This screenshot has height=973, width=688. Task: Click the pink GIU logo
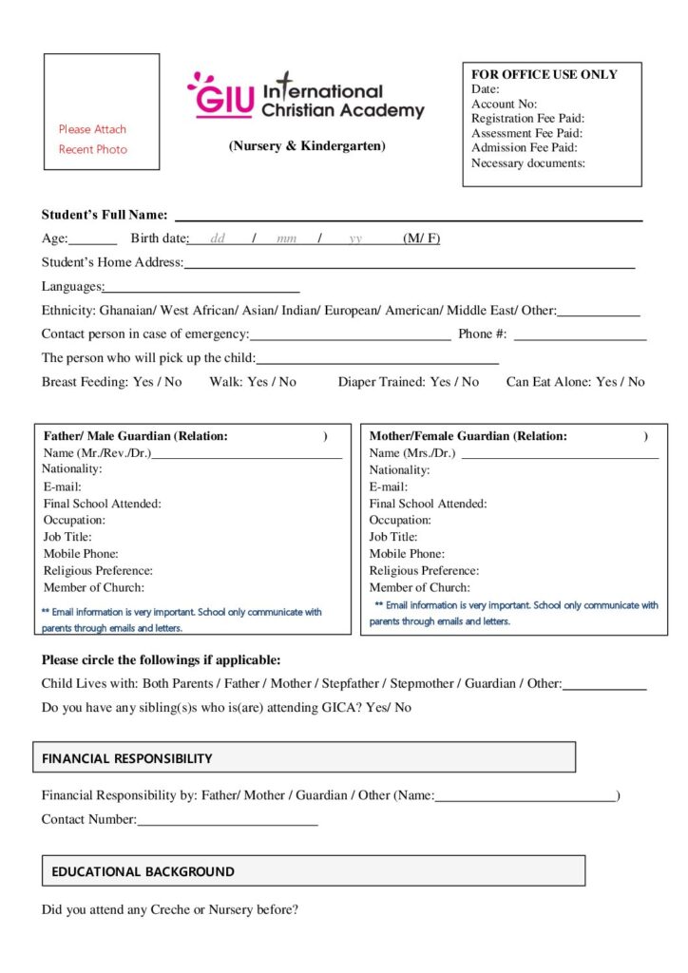click(221, 96)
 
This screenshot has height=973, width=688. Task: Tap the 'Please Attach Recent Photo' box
click(102, 112)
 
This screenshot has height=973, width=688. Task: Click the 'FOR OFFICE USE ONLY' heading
click(545, 74)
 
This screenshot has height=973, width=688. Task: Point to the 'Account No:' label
click(504, 104)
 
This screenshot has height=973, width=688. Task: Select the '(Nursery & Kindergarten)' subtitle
click(307, 146)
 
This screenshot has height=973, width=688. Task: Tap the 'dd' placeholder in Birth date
click(218, 238)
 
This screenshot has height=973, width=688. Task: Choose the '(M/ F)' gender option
click(421, 238)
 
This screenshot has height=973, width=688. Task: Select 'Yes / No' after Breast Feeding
click(157, 382)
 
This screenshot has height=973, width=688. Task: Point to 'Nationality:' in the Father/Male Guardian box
click(71, 469)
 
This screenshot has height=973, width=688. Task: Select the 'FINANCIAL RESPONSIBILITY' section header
click(127, 758)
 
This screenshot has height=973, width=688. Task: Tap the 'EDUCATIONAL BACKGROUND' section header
click(143, 871)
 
